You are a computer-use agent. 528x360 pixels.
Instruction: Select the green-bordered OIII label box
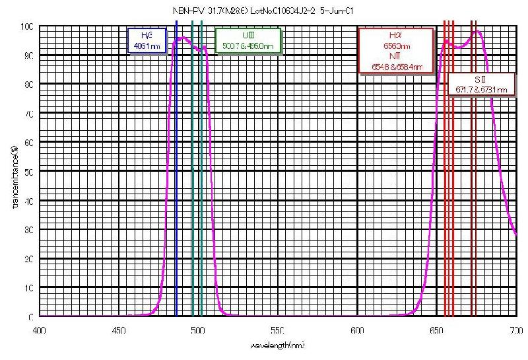(247, 41)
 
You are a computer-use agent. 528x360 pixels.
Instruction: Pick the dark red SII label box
(481, 85)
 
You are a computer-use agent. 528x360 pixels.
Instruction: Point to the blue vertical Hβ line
(177, 165)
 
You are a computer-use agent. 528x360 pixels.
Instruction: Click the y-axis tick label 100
(27, 26)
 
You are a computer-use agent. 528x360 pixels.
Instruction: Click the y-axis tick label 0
(31, 317)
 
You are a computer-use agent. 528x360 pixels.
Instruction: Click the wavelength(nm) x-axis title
(277, 345)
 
